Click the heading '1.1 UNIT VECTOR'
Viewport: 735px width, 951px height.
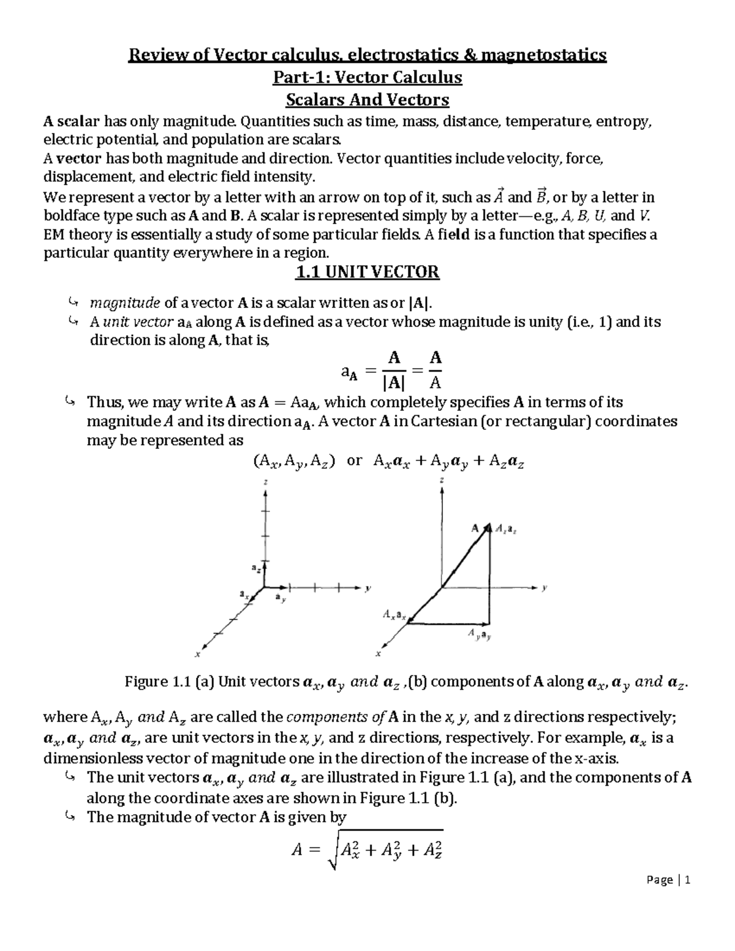pos(367,272)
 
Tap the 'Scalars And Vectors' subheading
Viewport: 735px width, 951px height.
pos(367,99)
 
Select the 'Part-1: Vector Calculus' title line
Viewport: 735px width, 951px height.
pos(367,78)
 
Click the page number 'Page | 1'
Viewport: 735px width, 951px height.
pos(668,881)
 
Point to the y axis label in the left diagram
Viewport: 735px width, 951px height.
pos(367,588)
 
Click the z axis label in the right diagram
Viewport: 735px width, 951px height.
pos(442,481)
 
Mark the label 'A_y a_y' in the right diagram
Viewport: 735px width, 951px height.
pos(479,635)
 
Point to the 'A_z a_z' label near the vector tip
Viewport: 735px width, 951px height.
pos(506,528)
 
